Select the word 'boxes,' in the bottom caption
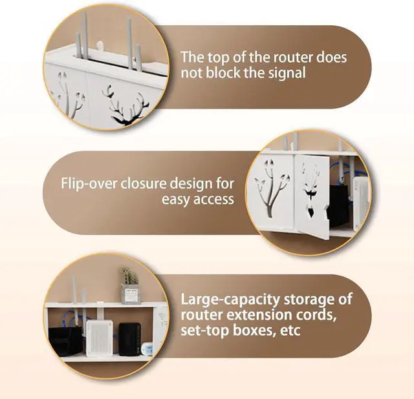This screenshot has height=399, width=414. coord(255,332)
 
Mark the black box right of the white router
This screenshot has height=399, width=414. coord(128,340)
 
